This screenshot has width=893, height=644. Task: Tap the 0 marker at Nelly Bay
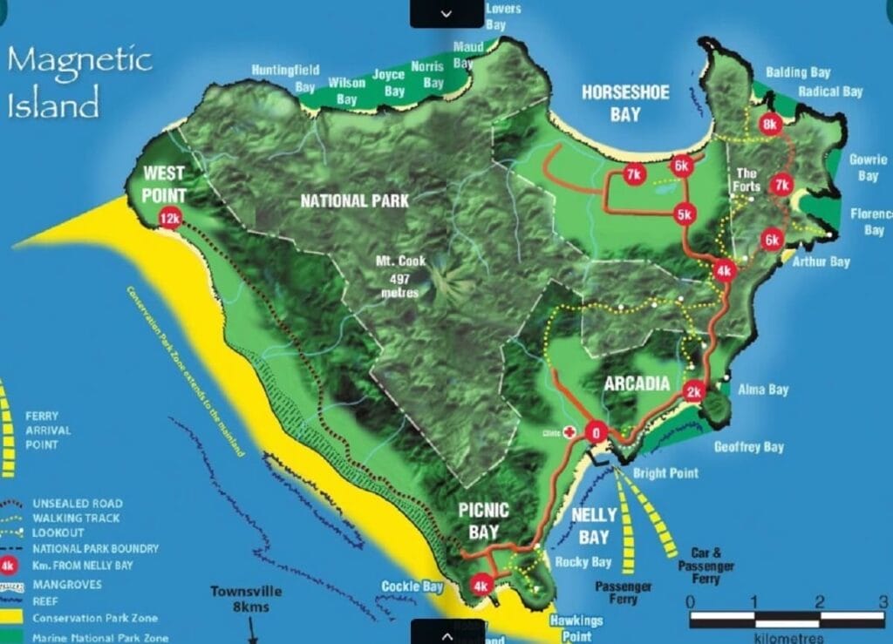[x=596, y=432]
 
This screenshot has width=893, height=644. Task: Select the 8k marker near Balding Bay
[x=769, y=125]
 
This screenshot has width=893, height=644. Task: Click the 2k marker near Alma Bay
[x=694, y=391]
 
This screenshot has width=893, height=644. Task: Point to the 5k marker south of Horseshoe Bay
[x=684, y=214]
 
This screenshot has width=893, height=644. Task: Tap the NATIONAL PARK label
[x=355, y=201]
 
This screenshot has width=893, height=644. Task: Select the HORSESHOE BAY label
[x=624, y=103]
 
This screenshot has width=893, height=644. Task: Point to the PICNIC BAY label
[x=483, y=519]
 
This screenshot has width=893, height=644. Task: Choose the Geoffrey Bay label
[x=749, y=447]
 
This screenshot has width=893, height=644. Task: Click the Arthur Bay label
[x=821, y=261]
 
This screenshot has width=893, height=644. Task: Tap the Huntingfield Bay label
[x=285, y=78]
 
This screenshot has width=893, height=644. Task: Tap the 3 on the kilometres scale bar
[x=882, y=601]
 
